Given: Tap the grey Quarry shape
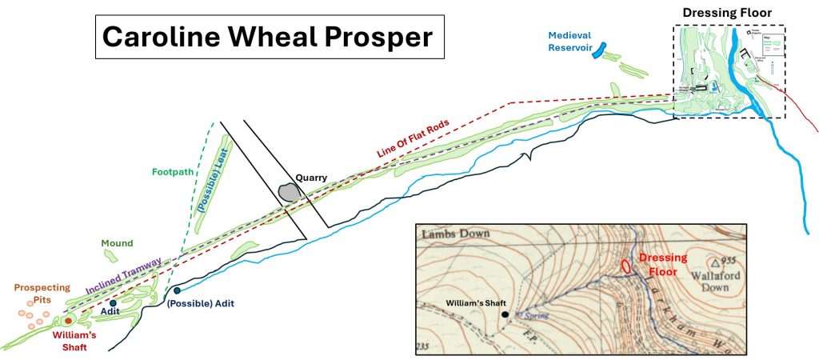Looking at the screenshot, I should tap(289, 192).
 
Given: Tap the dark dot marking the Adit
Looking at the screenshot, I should tap(114, 303).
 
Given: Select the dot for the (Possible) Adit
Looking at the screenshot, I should tap(177, 290).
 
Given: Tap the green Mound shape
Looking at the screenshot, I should tap(111, 255).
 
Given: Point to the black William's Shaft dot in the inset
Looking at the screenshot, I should tap(505, 314).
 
